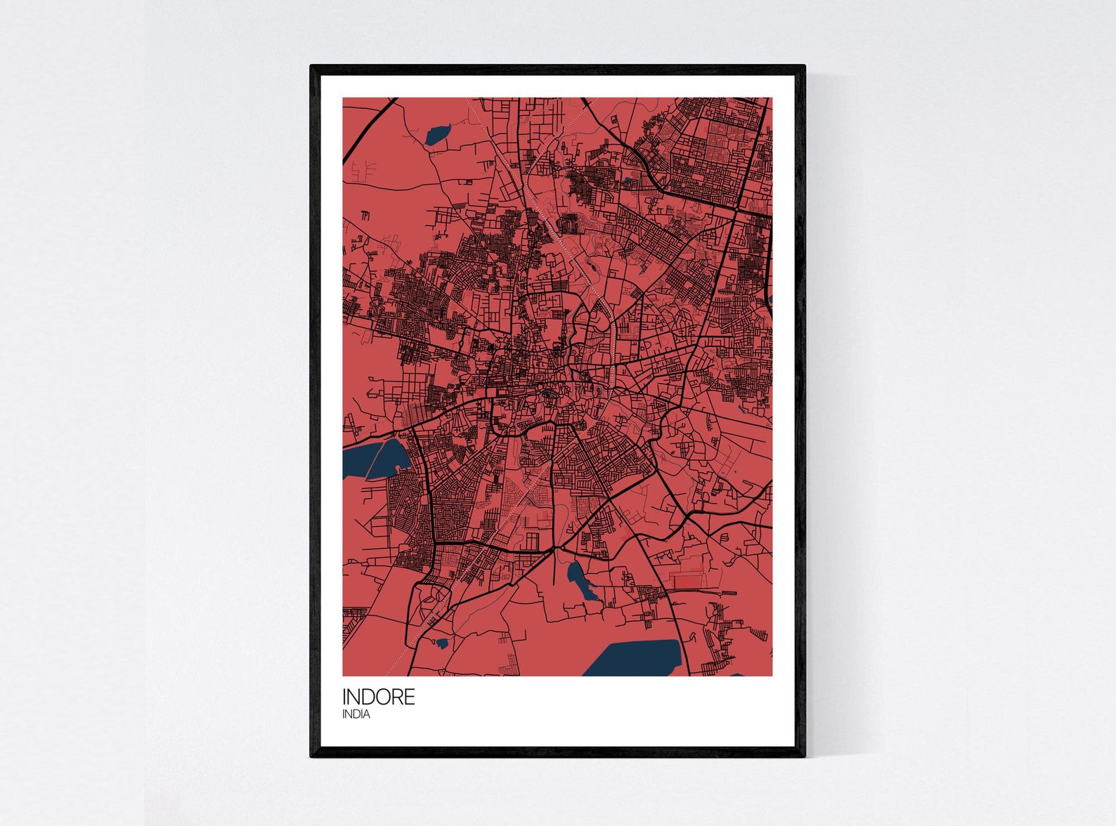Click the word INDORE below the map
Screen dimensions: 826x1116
coord(378,697)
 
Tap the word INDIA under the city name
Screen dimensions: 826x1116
coord(356,714)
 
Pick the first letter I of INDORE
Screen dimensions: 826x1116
coord(344,697)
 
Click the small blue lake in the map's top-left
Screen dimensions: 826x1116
coord(437,134)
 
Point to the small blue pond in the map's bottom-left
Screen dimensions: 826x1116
coord(441,642)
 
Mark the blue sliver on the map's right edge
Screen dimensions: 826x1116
coord(770,301)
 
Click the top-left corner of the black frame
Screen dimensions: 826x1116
coord(312,67)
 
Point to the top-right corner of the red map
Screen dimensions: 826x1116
coord(771,98)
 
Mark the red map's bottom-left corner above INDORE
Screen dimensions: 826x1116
coord(344,675)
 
